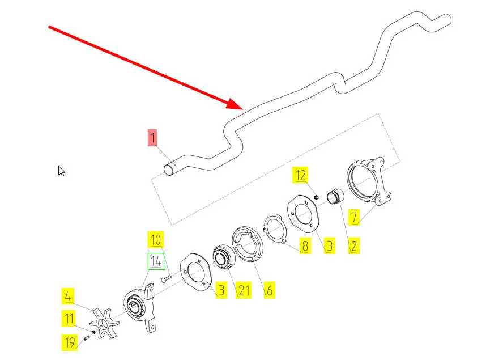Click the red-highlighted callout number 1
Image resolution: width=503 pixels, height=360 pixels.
(152, 137)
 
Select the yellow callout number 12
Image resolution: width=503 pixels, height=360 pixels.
(300, 176)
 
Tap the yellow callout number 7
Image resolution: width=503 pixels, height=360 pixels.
(353, 217)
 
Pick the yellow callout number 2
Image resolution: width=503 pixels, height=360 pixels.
(353, 245)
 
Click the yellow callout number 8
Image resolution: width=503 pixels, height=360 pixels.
(305, 246)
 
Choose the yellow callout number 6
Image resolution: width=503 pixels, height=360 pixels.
(269, 291)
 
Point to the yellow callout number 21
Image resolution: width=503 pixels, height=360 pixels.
(243, 291)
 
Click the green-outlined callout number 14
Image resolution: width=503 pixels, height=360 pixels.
(156, 262)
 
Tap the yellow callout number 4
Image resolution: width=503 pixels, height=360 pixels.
(68, 296)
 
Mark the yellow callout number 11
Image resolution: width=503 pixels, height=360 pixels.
(69, 319)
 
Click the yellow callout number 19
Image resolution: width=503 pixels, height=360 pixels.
(69, 342)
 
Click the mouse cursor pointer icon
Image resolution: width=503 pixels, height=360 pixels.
(61, 170)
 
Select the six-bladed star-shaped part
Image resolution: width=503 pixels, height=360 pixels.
(104, 323)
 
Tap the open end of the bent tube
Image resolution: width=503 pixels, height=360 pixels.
(169, 169)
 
